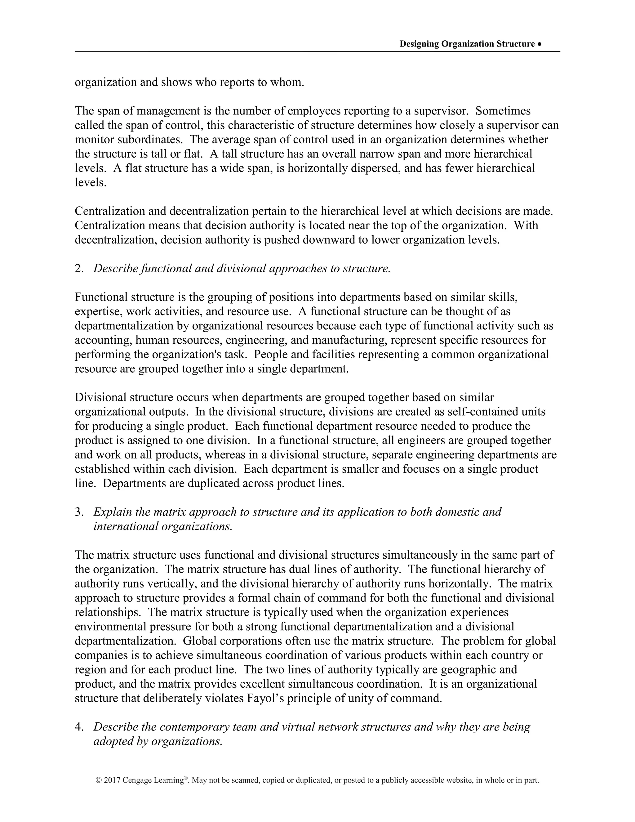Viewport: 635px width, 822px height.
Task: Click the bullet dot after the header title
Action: tap(540, 44)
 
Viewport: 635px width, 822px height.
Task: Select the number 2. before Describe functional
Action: tap(79, 268)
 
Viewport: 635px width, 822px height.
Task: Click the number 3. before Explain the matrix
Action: tap(79, 512)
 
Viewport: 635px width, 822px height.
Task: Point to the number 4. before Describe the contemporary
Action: tap(79, 727)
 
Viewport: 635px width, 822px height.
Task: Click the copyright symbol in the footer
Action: tap(99, 780)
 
